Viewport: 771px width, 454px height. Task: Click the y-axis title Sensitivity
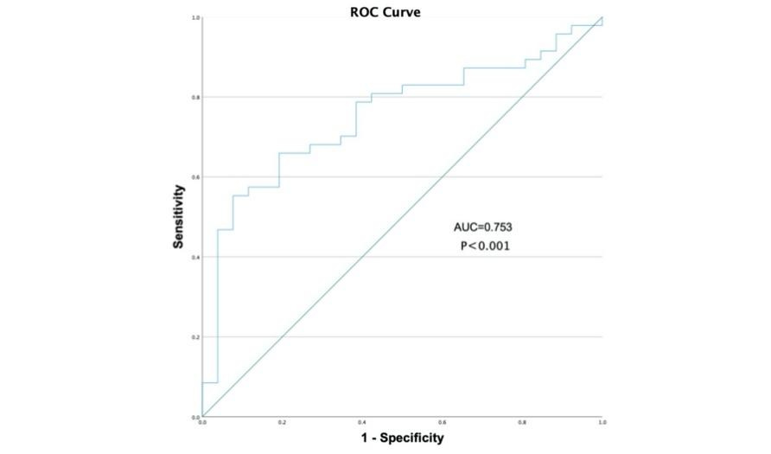tap(179, 216)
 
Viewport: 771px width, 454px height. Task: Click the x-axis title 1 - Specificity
tap(402, 438)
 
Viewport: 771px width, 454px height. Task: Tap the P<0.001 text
tap(485, 246)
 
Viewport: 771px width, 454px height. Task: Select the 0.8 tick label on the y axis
tap(196, 97)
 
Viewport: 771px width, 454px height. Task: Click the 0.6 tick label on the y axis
tap(196, 177)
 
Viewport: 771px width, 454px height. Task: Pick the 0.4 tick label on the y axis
tap(196, 257)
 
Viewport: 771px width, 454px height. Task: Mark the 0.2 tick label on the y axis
tap(196, 337)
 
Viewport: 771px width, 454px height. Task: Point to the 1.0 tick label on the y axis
tap(196, 17)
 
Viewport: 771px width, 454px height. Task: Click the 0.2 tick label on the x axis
tap(282, 423)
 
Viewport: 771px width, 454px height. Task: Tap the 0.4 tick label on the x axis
tap(362, 423)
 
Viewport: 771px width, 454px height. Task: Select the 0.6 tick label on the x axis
tap(443, 423)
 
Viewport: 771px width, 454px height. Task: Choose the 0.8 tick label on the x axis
tap(522, 423)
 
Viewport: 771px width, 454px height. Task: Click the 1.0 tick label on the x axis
tap(602, 423)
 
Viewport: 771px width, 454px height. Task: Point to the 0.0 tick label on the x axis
tap(202, 423)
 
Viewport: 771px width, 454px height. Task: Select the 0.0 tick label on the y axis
tap(196, 417)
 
